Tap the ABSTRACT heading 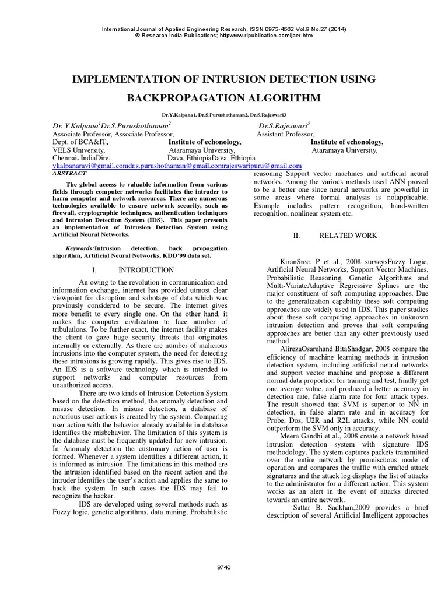[x=69, y=173]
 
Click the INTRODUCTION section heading [x=146, y=270]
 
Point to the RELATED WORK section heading [x=348, y=236]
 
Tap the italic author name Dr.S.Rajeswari [x=283, y=125]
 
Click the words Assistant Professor [x=285, y=134]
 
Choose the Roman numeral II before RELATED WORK [x=296, y=236]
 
